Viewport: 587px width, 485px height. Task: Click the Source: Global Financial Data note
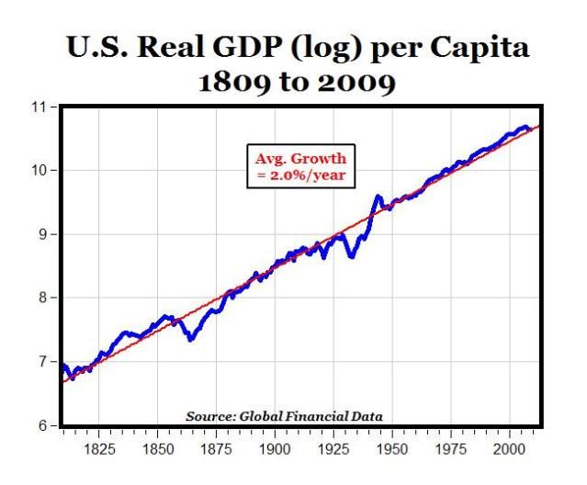(284, 416)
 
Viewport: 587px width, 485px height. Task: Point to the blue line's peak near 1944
(378, 197)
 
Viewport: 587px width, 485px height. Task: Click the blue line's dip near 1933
(352, 256)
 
